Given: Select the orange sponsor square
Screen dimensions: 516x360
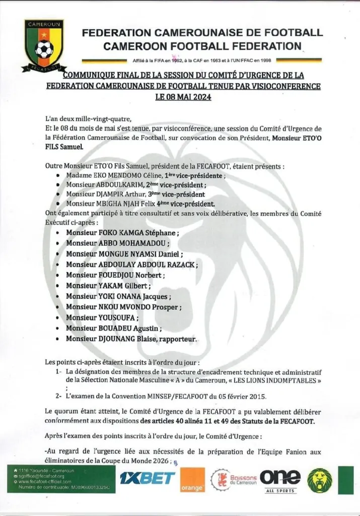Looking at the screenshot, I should (x=192, y=480).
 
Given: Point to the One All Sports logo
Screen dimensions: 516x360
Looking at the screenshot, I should (x=280, y=479).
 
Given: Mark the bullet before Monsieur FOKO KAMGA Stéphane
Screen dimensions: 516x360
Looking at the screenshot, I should (x=59, y=233).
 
